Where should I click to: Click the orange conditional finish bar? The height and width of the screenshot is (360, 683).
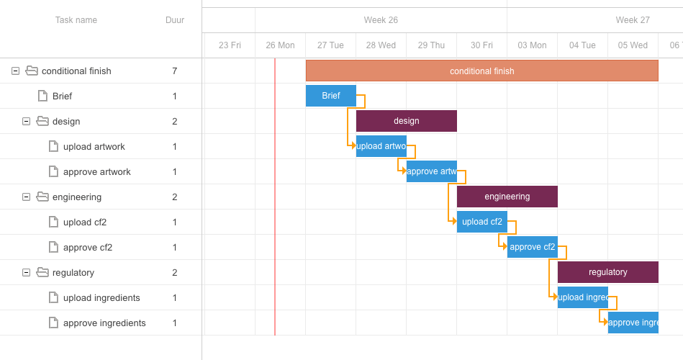click(481, 71)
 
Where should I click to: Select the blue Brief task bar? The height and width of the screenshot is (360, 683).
click(331, 96)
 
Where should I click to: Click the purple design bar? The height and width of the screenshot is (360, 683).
click(406, 121)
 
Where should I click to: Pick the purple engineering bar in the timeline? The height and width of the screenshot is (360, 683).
click(507, 197)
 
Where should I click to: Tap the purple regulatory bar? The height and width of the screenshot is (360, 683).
click(607, 272)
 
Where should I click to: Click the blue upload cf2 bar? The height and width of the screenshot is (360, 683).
click(481, 222)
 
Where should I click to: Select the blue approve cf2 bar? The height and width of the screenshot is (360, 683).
click(532, 247)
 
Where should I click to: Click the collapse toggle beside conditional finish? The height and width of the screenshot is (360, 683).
click(15, 71)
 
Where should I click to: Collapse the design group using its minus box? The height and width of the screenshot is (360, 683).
click(26, 121)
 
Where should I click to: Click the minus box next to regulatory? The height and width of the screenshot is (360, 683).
click(26, 272)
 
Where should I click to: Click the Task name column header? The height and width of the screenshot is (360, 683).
click(76, 20)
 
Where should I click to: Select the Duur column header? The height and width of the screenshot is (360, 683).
click(175, 20)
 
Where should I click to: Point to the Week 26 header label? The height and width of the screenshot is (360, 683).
click(381, 20)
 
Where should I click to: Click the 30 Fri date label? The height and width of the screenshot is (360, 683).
click(481, 45)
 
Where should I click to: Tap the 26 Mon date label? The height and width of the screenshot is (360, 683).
click(280, 45)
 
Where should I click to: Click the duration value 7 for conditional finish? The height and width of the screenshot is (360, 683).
click(175, 71)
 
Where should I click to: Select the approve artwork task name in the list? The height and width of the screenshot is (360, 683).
click(97, 171)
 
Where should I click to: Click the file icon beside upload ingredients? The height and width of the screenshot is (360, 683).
click(53, 297)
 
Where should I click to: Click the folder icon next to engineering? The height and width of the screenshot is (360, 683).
click(42, 197)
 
